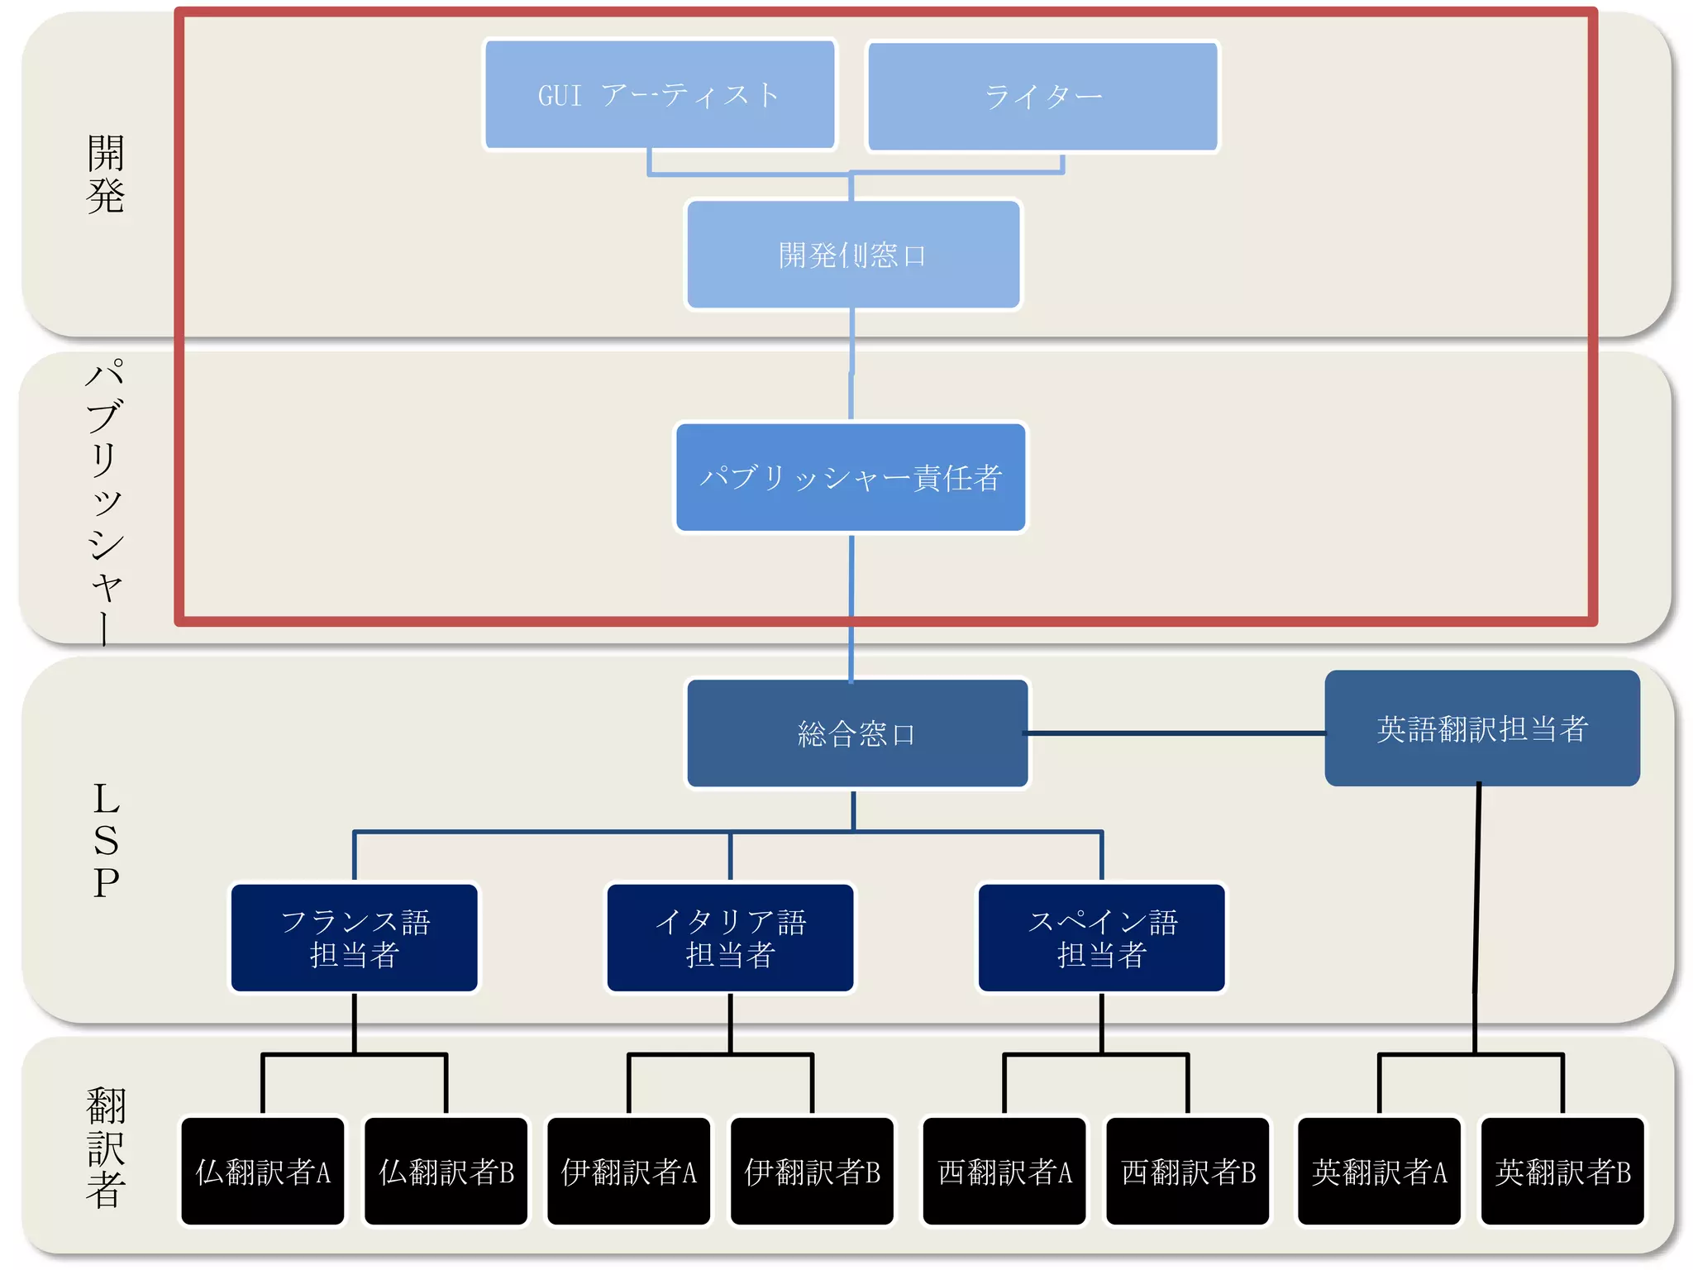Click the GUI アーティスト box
659,95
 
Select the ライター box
1042,97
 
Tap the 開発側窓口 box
853,255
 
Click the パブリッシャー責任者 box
851,477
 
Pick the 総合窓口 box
857,733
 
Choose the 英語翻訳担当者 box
1481,728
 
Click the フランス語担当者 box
355,938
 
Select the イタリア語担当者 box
730,938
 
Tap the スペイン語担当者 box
1101,938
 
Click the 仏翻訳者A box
263,1171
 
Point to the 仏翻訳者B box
446,1171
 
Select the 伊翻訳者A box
629,1171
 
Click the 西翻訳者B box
1188,1171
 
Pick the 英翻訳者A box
1379,1171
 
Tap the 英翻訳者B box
1562,1171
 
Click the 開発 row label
106,174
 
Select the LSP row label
106,841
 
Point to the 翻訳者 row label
106,1148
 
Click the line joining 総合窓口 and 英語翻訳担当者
1174,733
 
